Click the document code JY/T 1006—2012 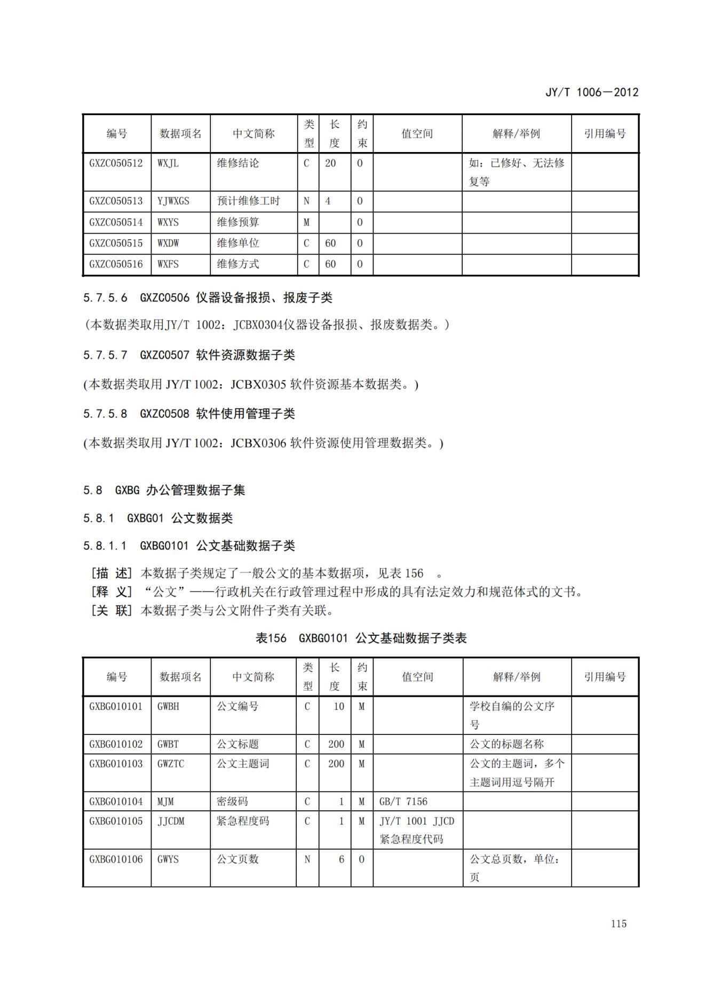(x=591, y=92)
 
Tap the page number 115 (x=618, y=924)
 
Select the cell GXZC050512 (x=116, y=163)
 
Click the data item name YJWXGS (x=173, y=201)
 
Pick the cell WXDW (x=168, y=243)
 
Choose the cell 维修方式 (x=237, y=264)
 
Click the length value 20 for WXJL (x=330, y=163)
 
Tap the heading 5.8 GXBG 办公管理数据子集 (x=164, y=490)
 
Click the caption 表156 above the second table (x=271, y=638)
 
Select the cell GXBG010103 (x=116, y=764)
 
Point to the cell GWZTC (x=170, y=764)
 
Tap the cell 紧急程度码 (x=243, y=821)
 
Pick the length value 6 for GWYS (x=341, y=859)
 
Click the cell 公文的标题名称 (x=506, y=744)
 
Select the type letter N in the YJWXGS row (x=306, y=201)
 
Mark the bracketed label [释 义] (x=111, y=592)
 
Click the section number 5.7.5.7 (x=105, y=355)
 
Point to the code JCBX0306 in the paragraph (x=258, y=443)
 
